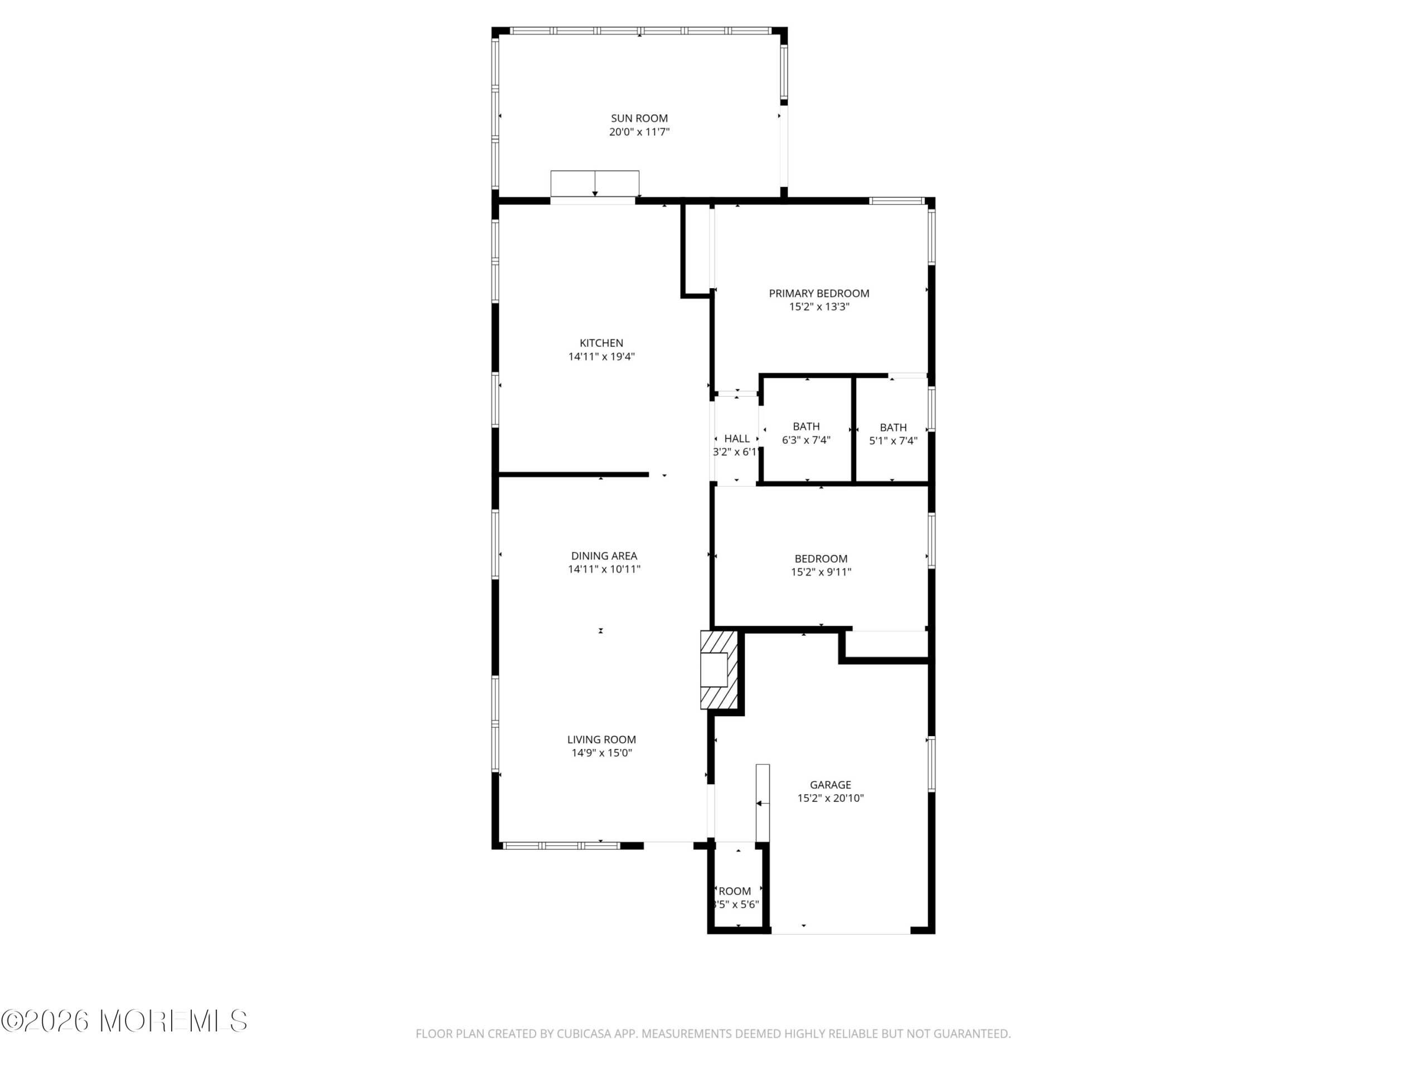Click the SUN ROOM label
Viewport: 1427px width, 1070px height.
(x=639, y=118)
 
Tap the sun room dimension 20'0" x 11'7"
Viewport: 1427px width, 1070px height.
(x=639, y=132)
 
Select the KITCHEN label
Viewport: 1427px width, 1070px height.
(x=601, y=343)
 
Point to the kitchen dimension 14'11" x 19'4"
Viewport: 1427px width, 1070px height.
(x=601, y=357)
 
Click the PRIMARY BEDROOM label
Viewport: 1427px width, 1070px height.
(x=819, y=294)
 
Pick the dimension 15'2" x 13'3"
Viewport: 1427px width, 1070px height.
(x=819, y=307)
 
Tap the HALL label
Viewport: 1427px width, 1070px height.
(x=737, y=439)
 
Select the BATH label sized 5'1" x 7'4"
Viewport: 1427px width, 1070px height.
(x=893, y=427)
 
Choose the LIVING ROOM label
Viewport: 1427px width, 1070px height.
(x=601, y=740)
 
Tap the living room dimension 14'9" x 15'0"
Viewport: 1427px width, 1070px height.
(x=601, y=753)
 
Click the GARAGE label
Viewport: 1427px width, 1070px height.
(x=830, y=785)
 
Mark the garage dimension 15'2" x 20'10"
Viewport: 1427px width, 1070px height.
(x=830, y=799)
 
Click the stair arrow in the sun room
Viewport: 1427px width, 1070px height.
(x=595, y=183)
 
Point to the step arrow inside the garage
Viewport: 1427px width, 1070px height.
(x=763, y=803)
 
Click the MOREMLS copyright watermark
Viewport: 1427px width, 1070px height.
(x=124, y=1021)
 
